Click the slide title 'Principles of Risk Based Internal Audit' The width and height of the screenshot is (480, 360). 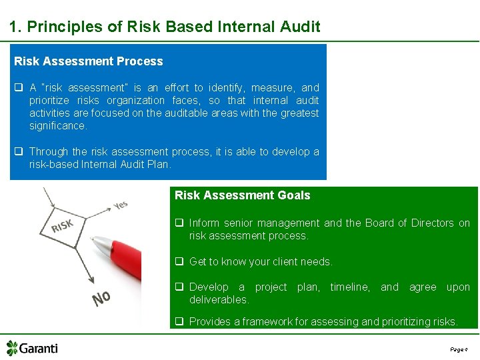pyautogui.click(x=165, y=27)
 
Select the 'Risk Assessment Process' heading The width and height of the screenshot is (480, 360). pyautogui.click(x=89, y=61)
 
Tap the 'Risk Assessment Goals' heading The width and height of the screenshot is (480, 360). pyautogui.click(x=242, y=195)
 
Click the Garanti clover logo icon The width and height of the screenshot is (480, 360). pyautogui.click(x=12, y=348)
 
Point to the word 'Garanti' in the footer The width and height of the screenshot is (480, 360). pyautogui.click(x=39, y=349)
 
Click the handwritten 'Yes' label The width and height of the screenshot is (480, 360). pyautogui.click(x=120, y=206)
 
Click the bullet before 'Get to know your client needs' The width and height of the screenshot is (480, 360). pyautogui.click(x=179, y=262)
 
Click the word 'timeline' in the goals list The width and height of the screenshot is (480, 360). pyautogui.click(x=350, y=287)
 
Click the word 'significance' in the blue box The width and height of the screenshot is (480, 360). pyautogui.click(x=57, y=126)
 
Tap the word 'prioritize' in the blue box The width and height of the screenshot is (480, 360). pyautogui.click(x=50, y=101)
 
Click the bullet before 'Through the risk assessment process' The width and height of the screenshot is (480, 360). pyautogui.click(x=19, y=152)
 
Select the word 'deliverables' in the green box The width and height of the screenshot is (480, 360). pyautogui.click(x=219, y=300)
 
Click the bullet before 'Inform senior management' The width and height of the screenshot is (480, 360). pyautogui.click(x=179, y=223)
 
